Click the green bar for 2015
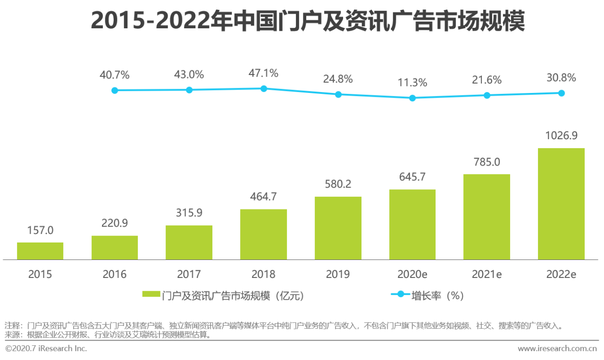[x=40, y=251]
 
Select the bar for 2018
[x=263, y=234]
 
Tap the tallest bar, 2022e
[x=561, y=204]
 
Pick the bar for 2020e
[x=412, y=225]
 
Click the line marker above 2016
[x=115, y=90]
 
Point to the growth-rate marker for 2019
[x=338, y=94]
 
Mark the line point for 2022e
[x=562, y=93]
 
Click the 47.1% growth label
[x=263, y=74]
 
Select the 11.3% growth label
[x=412, y=83]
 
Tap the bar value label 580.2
[x=338, y=184]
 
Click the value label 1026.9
[x=561, y=136]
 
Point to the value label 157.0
[x=40, y=230]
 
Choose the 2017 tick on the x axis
[x=189, y=274]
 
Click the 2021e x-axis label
[x=487, y=274]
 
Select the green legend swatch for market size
[x=151, y=294]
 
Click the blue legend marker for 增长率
[x=401, y=294]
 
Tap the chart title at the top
[x=308, y=22]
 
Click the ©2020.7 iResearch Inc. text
[x=46, y=349]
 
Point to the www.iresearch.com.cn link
[x=557, y=349]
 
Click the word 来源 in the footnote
[x=12, y=335]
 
